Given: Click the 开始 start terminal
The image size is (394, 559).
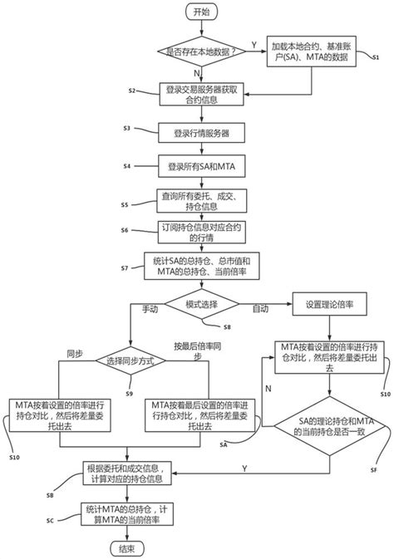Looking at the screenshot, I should tap(201, 12).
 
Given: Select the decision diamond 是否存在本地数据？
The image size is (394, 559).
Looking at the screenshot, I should tap(201, 50).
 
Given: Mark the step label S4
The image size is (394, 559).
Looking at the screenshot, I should tap(126, 166).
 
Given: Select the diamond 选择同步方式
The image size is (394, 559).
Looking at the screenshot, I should tap(127, 361).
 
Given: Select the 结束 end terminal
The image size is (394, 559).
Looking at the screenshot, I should tap(127, 547).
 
